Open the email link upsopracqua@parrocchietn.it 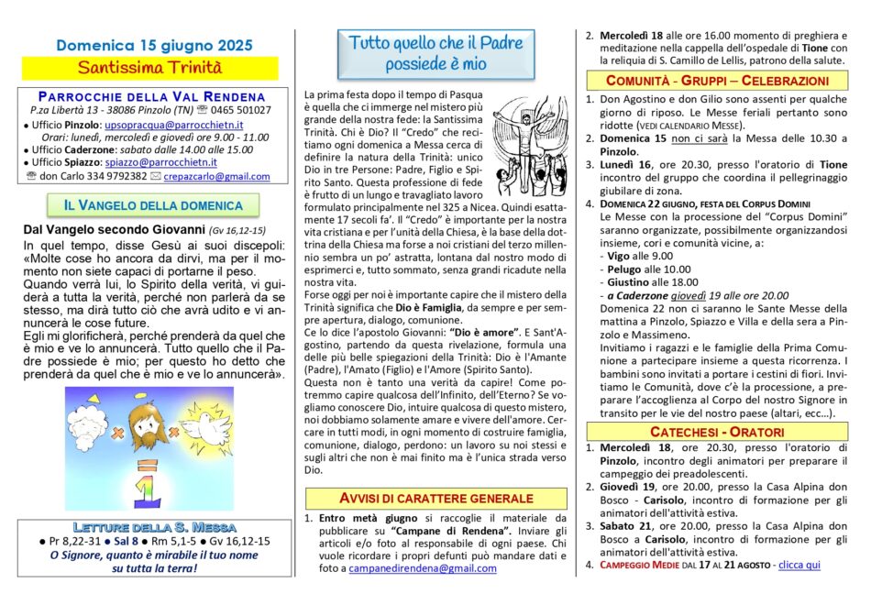pos(173,124)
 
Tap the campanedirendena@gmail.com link pos(423,568)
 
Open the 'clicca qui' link pos(799,565)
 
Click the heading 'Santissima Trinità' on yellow pos(149,67)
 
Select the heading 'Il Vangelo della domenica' pos(153,205)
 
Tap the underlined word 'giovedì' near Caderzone pos(696,295)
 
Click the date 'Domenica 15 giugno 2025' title pos(154,44)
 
